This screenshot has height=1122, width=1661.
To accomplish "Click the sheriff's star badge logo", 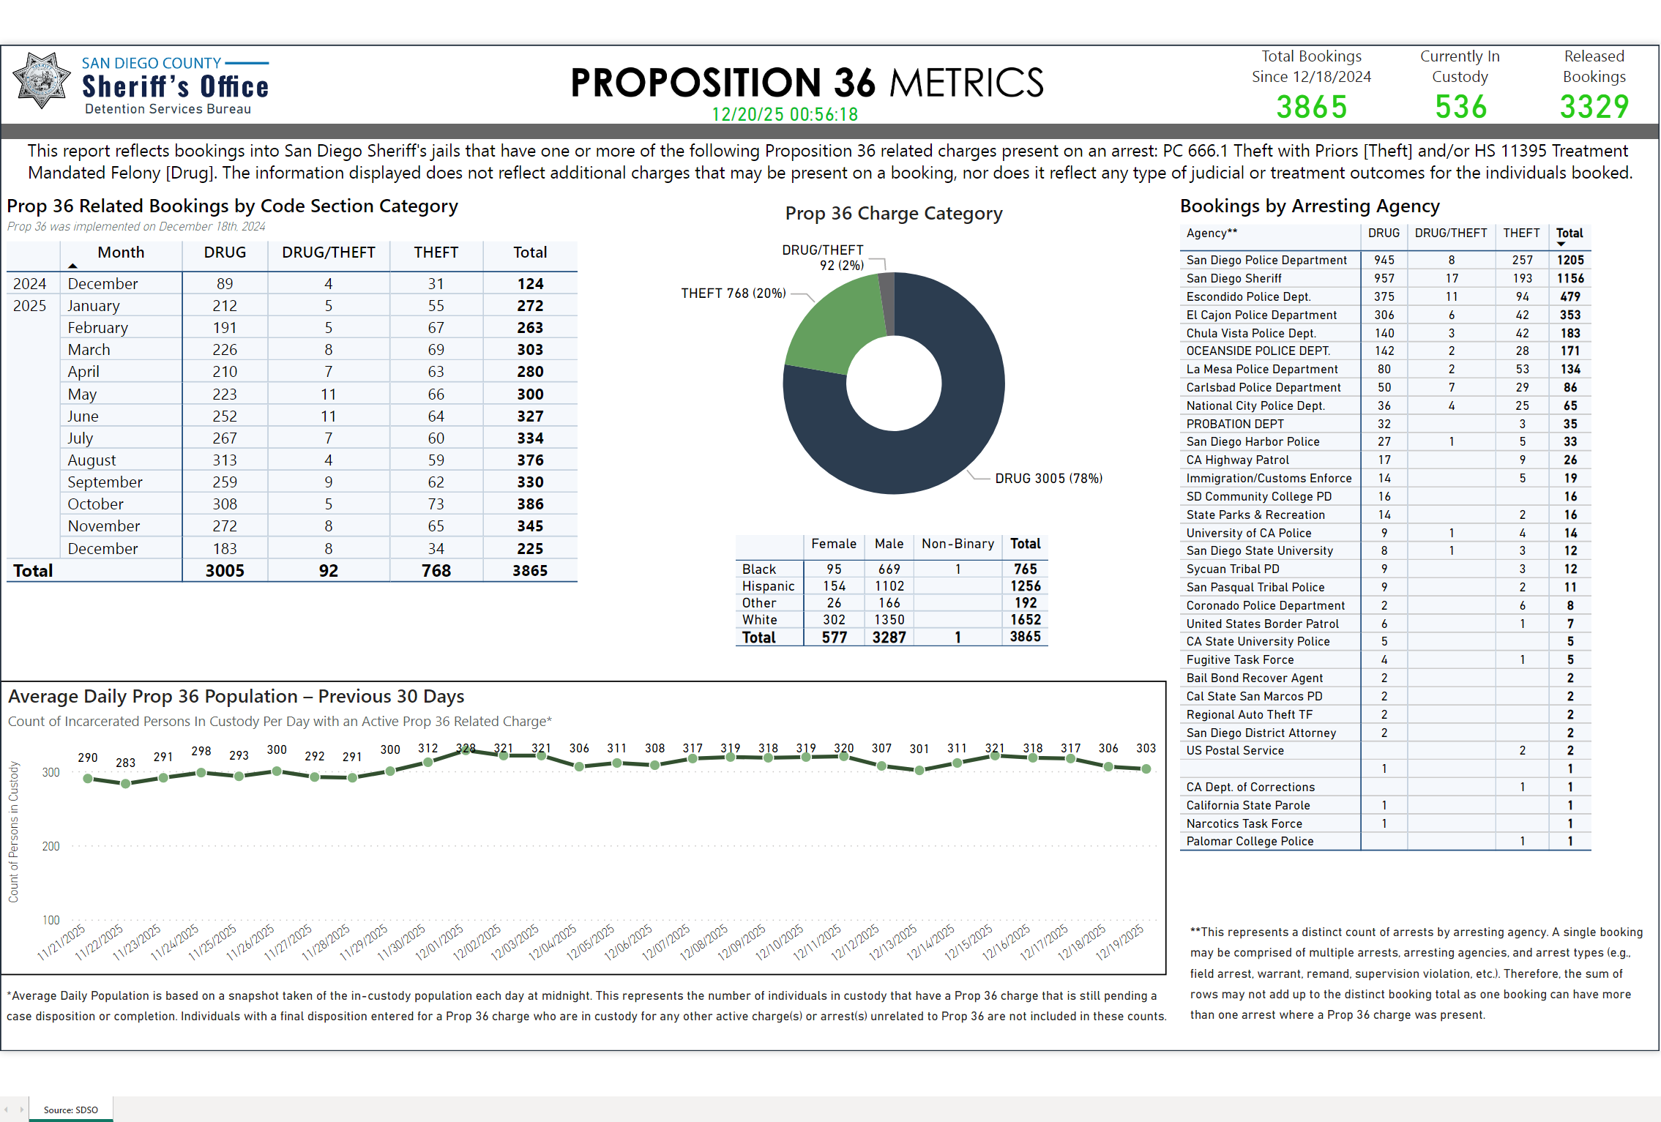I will pyautogui.click(x=42, y=81).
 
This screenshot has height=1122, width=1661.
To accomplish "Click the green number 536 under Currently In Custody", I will pyautogui.click(x=1460, y=107).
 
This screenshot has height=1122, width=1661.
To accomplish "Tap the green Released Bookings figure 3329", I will pyautogui.click(x=1594, y=107).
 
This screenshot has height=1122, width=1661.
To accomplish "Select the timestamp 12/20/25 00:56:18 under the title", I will pyautogui.click(x=785, y=114).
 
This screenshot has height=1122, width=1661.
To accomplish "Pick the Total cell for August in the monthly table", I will pyautogui.click(x=530, y=460).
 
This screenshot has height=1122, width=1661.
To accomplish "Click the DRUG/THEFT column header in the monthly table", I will pyautogui.click(x=328, y=253).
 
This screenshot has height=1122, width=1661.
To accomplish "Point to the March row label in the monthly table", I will pyautogui.click(x=89, y=350).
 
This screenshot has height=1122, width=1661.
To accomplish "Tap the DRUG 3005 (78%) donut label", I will pyautogui.click(x=1048, y=479).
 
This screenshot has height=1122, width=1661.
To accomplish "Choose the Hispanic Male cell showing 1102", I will pyautogui.click(x=889, y=586).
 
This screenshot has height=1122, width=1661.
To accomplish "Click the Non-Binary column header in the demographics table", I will pyautogui.click(x=958, y=544).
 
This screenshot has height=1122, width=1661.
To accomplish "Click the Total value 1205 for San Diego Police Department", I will pyautogui.click(x=1569, y=260).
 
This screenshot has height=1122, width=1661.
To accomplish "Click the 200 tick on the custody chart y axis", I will pyautogui.click(x=51, y=846).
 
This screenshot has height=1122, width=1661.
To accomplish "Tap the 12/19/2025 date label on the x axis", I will pyautogui.click(x=1120, y=942).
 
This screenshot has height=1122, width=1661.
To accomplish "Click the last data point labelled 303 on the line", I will pyautogui.click(x=1146, y=768).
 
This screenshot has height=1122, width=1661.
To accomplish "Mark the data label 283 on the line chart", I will pyautogui.click(x=125, y=763).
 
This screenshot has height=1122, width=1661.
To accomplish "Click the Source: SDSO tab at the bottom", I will pyautogui.click(x=70, y=1110).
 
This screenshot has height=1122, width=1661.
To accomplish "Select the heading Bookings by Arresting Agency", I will pyautogui.click(x=1309, y=206).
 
